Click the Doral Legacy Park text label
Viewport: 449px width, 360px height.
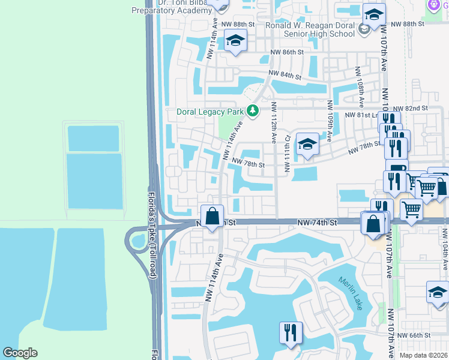[x=210, y=112]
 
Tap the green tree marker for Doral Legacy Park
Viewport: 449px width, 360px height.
[x=253, y=111]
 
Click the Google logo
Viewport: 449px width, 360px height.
[x=20, y=353]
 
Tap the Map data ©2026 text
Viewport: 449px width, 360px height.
[x=423, y=355]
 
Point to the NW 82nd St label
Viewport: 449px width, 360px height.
[x=415, y=108]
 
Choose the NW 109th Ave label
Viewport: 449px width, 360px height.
[x=329, y=121]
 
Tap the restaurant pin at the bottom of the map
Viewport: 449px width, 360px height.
[x=291, y=333]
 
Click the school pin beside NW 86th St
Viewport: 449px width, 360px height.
[x=235, y=42]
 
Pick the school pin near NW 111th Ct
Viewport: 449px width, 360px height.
[x=307, y=145]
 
